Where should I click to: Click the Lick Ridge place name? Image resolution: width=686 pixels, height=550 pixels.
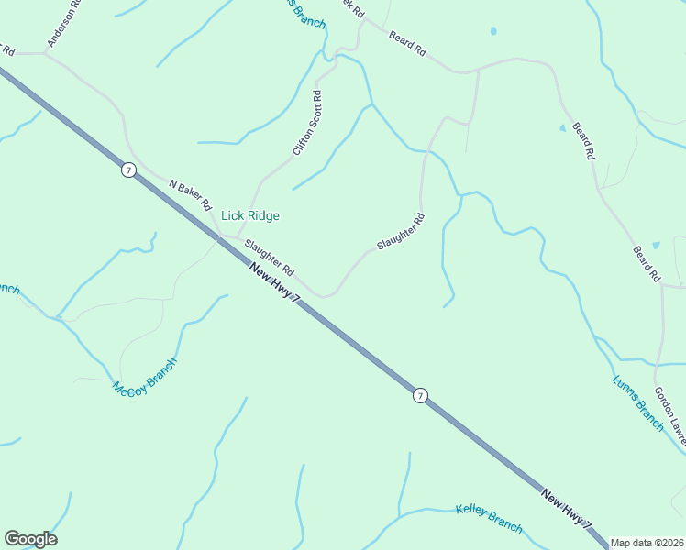click(x=249, y=216)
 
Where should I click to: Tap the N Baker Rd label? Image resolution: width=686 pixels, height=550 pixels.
click(x=191, y=194)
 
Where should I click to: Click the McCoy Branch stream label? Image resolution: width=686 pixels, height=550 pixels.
click(x=144, y=377)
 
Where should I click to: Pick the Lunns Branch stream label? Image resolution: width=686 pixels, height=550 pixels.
click(x=637, y=402)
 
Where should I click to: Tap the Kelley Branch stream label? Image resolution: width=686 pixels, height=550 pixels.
click(x=489, y=519)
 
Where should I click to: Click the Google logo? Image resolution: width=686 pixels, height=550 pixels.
click(x=30, y=539)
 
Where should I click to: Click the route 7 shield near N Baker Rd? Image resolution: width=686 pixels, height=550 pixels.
click(x=128, y=170)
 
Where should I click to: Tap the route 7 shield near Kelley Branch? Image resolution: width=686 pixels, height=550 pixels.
click(x=419, y=395)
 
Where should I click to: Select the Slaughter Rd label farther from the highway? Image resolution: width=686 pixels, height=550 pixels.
click(x=402, y=233)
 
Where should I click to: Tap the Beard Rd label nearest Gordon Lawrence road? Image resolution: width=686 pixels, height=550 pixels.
click(x=646, y=263)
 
